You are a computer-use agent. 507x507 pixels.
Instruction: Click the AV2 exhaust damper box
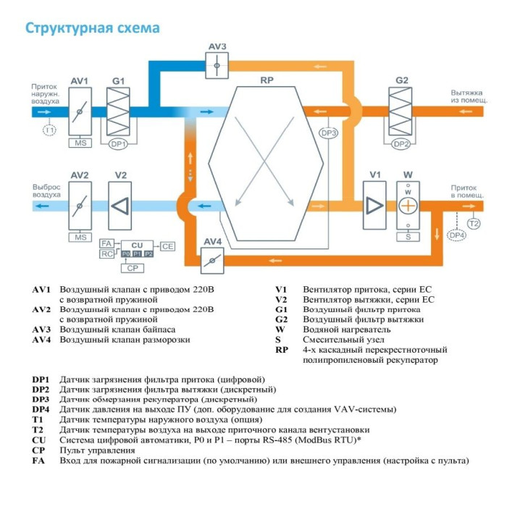[x=80, y=206]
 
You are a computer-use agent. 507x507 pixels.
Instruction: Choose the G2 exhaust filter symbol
[x=401, y=112]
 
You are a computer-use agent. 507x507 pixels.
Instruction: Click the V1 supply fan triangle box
[x=374, y=206]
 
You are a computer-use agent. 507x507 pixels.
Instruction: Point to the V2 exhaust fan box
[x=120, y=206]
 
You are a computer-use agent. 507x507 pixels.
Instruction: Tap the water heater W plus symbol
[x=408, y=206]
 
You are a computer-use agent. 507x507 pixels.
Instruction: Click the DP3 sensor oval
[x=329, y=133]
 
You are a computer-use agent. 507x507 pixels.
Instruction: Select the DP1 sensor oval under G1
[x=119, y=144]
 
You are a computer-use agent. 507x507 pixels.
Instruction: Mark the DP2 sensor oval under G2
[x=401, y=144]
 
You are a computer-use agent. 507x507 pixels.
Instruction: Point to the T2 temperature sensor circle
[x=474, y=223]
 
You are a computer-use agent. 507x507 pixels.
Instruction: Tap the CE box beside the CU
[x=168, y=246]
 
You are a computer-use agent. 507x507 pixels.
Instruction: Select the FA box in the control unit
[x=106, y=244]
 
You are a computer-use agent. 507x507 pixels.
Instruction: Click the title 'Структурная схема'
[x=93, y=28]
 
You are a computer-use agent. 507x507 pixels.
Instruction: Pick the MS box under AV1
[x=80, y=143]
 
